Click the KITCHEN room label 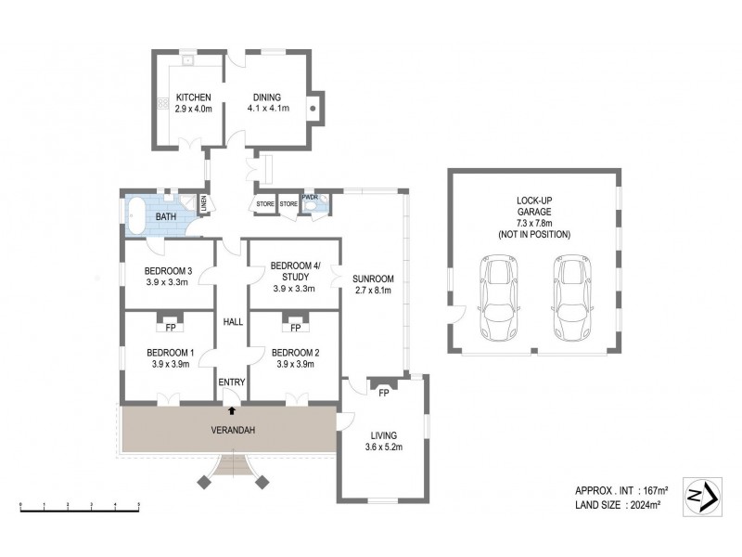[x=194, y=97]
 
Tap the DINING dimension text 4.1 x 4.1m [x=268, y=109]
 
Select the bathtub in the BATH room [x=135, y=215]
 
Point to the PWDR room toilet [x=311, y=206]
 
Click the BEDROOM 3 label [x=168, y=271]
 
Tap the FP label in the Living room [x=384, y=393]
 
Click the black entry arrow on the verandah [x=232, y=410]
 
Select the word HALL [x=233, y=322]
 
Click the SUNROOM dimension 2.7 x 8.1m [x=373, y=291]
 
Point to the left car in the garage [x=498, y=297]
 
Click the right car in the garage [x=572, y=297]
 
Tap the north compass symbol [x=703, y=497]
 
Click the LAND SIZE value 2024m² [x=646, y=505]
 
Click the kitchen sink [x=188, y=60]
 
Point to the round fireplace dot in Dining [x=313, y=109]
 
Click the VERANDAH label [x=233, y=430]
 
